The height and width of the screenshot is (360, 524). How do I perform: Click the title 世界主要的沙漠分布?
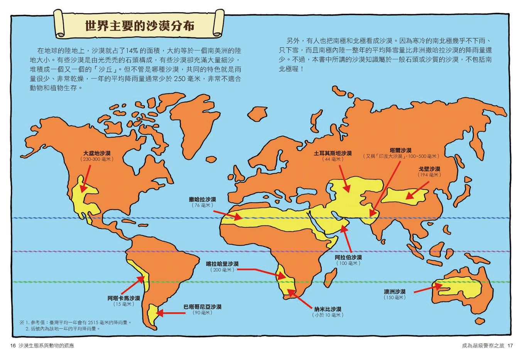coord(140,26)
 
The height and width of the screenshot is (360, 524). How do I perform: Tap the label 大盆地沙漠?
coord(97,153)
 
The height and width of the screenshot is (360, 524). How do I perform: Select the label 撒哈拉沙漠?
coord(202,199)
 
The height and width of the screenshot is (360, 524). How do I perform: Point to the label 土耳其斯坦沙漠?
coord(333,153)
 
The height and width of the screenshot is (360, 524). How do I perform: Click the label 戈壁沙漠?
coord(429,169)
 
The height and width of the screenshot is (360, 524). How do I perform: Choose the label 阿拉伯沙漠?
coord(348,257)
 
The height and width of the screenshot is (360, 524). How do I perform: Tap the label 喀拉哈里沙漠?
coord(222,264)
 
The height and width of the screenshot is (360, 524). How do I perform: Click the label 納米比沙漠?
coord(328,309)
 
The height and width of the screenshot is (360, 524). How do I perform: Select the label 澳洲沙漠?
coord(394,292)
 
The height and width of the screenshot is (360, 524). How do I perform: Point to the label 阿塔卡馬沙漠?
coord(123,298)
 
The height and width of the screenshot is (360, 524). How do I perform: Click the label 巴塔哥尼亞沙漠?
coord(202,307)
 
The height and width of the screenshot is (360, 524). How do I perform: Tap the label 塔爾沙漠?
coord(400,150)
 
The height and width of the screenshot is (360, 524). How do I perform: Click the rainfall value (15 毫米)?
coord(123,304)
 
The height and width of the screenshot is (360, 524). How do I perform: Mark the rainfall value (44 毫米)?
coord(333,159)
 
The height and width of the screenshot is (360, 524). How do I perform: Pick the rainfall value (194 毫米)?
coord(429,175)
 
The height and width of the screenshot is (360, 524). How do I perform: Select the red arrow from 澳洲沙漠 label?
coord(428,287)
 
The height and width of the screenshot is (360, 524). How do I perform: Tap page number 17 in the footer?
coord(510,345)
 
